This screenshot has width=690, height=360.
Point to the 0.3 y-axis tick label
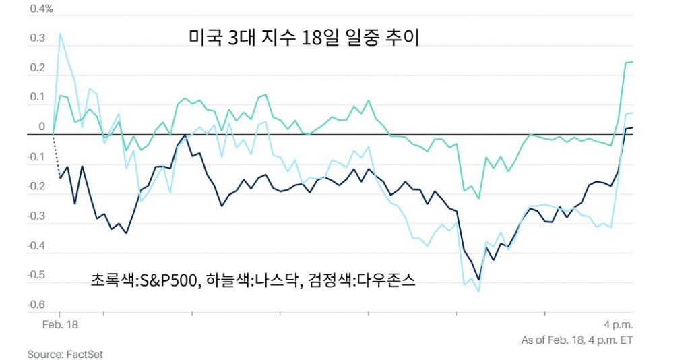point(38,39)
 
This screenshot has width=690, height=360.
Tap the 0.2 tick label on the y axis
point(38,68)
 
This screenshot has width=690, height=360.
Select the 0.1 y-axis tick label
point(38,98)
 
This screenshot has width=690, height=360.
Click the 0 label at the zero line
point(42,127)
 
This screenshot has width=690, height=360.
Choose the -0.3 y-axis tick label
point(36,216)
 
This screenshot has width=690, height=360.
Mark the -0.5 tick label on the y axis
point(36,274)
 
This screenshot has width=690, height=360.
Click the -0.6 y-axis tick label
point(36,304)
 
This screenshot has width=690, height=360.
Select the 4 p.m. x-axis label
point(618,324)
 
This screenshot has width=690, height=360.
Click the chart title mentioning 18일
point(304,38)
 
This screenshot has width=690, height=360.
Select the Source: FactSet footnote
point(65,353)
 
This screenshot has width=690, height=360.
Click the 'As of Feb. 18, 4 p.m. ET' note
point(577,340)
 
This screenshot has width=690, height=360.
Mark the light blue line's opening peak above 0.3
point(61,33)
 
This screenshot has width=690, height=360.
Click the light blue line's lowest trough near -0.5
point(478,291)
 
